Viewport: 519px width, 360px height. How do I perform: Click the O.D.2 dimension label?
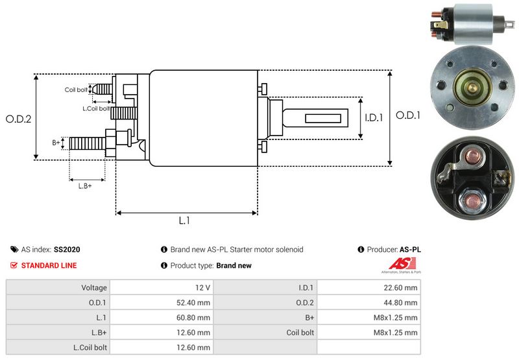point(19,119)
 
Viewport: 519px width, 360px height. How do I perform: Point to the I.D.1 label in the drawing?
point(374,118)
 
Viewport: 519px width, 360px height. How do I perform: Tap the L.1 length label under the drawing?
point(184,221)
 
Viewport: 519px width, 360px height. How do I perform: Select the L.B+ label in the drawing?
point(85,186)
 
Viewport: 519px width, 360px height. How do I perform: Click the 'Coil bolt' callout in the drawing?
point(75,90)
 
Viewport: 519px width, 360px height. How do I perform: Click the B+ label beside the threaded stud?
point(56,141)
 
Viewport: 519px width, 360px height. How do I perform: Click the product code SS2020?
point(67,249)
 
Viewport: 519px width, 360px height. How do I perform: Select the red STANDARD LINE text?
point(49,265)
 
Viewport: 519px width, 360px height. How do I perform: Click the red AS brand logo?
point(398,265)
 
